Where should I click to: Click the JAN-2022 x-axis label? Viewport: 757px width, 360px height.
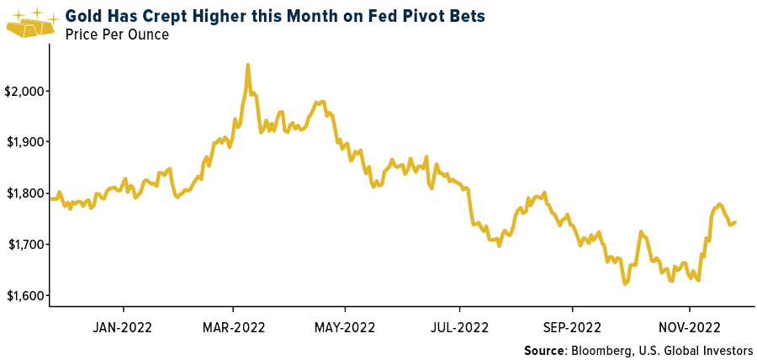(123, 326)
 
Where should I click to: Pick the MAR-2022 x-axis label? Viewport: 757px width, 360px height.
(233, 326)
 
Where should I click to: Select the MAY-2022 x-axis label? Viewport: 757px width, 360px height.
(345, 326)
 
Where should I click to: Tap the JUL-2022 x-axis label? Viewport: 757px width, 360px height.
(459, 326)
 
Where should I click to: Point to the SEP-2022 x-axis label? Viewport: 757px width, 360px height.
(572, 326)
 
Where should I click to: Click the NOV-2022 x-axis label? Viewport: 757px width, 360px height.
(690, 326)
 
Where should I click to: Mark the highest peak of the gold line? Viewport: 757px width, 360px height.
(247, 64)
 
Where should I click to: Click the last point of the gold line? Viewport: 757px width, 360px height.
(736, 222)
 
